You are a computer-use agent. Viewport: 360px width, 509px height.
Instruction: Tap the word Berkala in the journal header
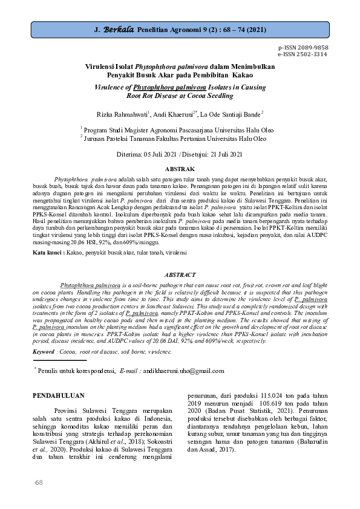119,28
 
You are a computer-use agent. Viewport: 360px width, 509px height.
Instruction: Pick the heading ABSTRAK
180,169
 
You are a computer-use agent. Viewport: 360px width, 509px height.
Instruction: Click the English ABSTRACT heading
180,273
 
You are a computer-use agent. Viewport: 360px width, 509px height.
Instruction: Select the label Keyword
44,351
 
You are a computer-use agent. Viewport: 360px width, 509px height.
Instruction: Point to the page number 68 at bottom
39,482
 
